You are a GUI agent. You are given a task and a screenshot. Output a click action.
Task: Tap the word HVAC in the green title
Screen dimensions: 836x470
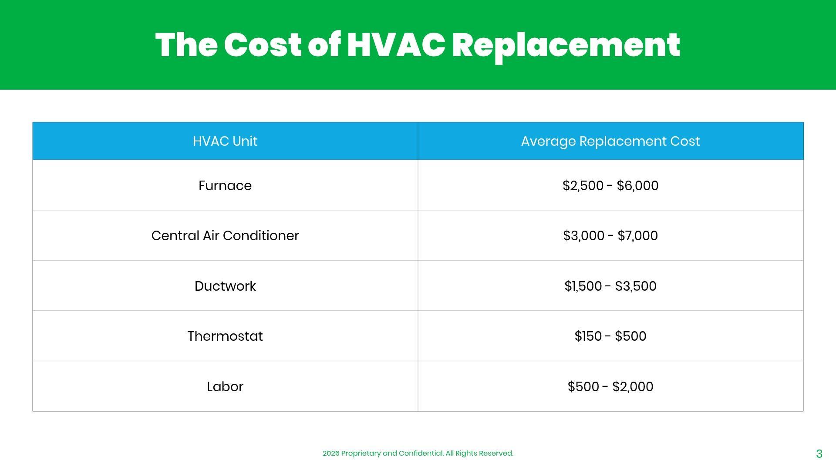click(x=396, y=45)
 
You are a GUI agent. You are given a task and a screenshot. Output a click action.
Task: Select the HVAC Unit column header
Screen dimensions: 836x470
click(x=225, y=141)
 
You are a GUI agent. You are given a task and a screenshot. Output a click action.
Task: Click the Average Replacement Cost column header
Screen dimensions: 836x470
click(x=610, y=141)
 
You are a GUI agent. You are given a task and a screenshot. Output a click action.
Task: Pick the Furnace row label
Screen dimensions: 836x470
click(x=225, y=186)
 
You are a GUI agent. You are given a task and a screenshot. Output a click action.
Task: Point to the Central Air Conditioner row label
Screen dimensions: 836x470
click(x=225, y=235)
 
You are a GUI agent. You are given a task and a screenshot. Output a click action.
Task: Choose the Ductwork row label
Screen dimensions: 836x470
click(x=225, y=286)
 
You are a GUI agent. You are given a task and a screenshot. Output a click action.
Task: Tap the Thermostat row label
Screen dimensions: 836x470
click(x=225, y=336)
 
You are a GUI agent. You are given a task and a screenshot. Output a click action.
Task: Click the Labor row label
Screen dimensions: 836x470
click(x=225, y=386)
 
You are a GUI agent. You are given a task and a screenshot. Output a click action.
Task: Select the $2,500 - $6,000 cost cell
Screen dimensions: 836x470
click(x=610, y=186)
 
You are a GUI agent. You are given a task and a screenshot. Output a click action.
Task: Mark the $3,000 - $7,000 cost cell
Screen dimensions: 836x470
click(x=610, y=236)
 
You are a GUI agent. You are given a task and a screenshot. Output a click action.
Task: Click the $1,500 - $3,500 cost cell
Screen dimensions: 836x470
click(x=610, y=286)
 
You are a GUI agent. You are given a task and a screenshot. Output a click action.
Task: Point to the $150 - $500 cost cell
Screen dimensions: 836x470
click(x=610, y=336)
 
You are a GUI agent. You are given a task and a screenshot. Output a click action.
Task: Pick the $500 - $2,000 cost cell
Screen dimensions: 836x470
click(x=610, y=387)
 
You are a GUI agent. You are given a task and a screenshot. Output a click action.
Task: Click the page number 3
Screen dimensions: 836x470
click(x=819, y=454)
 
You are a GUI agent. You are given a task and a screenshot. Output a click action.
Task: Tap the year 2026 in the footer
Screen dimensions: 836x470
click(x=331, y=453)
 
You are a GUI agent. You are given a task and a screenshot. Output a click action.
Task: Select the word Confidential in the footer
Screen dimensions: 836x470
click(x=421, y=453)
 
